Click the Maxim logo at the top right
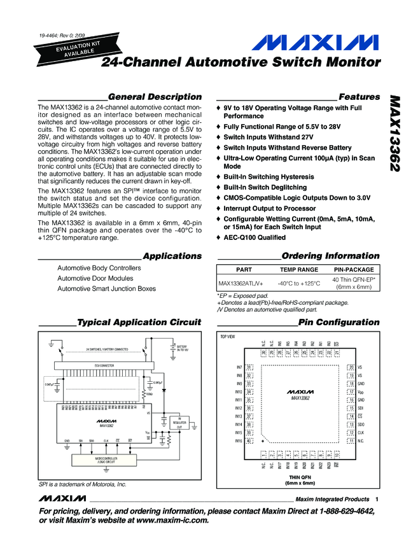[x=315, y=44]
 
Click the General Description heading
[x=155, y=97]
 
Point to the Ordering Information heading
[x=330, y=256]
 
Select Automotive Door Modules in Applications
[x=95, y=278]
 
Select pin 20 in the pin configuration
[x=351, y=367]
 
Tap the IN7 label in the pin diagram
[x=239, y=367]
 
